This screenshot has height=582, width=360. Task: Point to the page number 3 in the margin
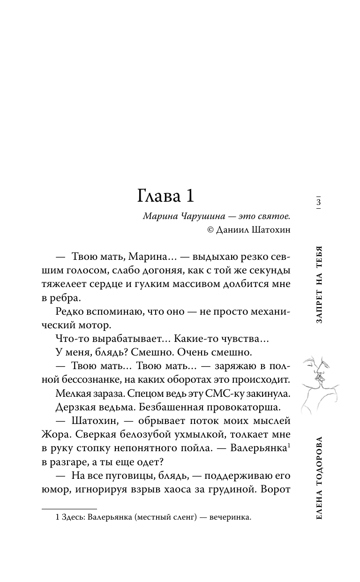pyautogui.click(x=318, y=203)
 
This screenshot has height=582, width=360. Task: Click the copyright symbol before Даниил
pyautogui.click(x=210, y=229)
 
